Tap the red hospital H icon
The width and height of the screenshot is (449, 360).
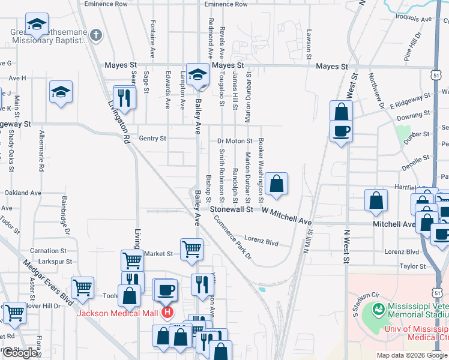click(168, 313)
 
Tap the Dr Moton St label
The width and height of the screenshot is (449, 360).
click(235, 140)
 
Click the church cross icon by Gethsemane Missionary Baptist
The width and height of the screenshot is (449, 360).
click(95, 35)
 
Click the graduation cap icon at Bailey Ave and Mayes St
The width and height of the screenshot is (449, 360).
click(196, 75)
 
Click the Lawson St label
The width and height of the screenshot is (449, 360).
click(309, 44)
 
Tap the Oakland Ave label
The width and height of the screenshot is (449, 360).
click(23, 193)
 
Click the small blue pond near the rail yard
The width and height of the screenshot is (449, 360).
click(262, 290)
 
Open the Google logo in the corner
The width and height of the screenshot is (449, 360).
click(20, 353)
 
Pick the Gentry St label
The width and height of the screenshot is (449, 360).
click(152, 138)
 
